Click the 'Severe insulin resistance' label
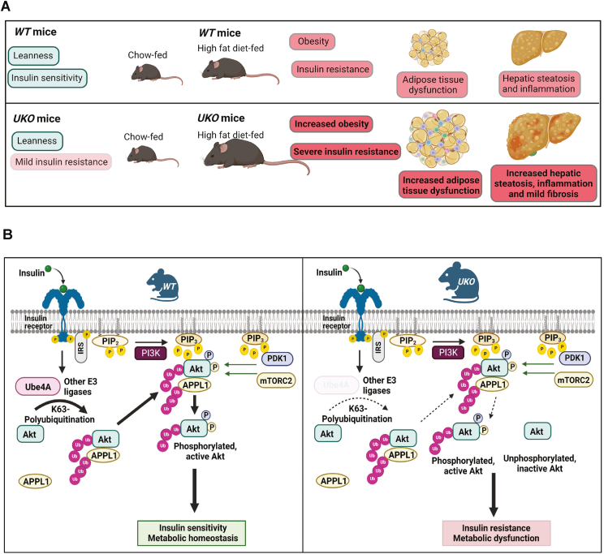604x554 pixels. [344, 150]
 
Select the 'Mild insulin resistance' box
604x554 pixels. [61, 161]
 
